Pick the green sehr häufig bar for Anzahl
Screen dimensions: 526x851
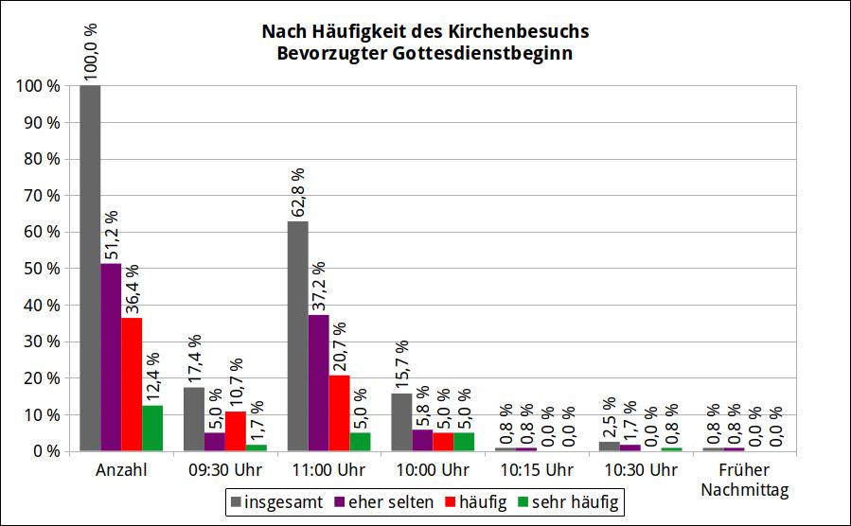point(152,428)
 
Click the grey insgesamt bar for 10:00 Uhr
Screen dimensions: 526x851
point(401,422)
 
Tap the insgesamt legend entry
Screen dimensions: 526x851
point(279,500)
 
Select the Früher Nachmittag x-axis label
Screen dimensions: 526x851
point(745,480)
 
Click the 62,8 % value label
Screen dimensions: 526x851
point(298,193)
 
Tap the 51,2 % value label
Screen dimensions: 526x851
point(111,237)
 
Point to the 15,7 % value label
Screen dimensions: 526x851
point(401,365)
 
